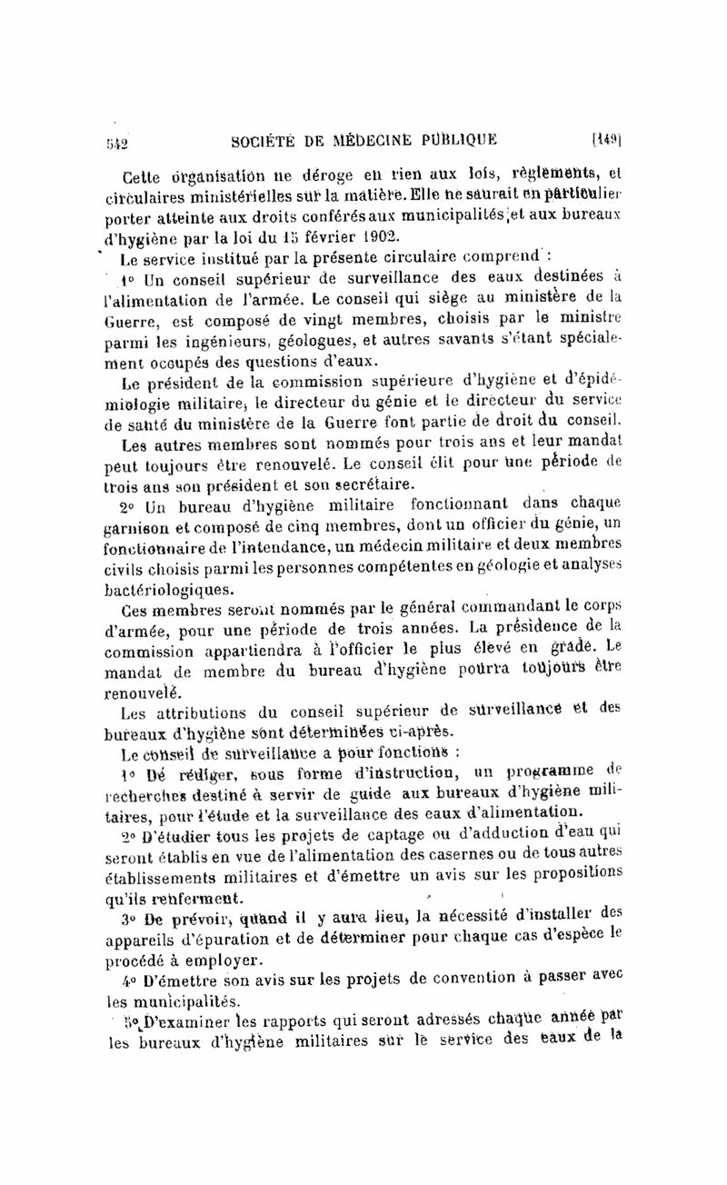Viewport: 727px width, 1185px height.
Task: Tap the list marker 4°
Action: tap(127, 981)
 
